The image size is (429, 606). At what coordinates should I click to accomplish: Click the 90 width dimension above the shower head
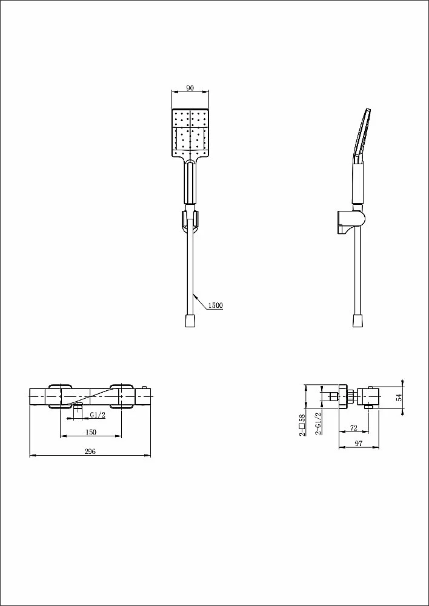(x=190, y=88)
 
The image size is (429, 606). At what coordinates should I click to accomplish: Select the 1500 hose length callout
(x=216, y=305)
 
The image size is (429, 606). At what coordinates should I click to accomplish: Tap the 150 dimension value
(x=91, y=432)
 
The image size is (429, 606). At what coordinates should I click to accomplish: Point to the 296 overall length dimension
(x=90, y=451)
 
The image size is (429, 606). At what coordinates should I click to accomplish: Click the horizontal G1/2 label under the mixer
(x=98, y=415)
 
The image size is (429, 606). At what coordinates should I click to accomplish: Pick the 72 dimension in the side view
(x=353, y=428)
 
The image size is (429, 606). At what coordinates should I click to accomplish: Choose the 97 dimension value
(x=359, y=444)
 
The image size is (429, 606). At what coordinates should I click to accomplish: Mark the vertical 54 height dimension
(x=399, y=397)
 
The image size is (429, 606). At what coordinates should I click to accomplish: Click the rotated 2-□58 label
(x=302, y=425)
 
